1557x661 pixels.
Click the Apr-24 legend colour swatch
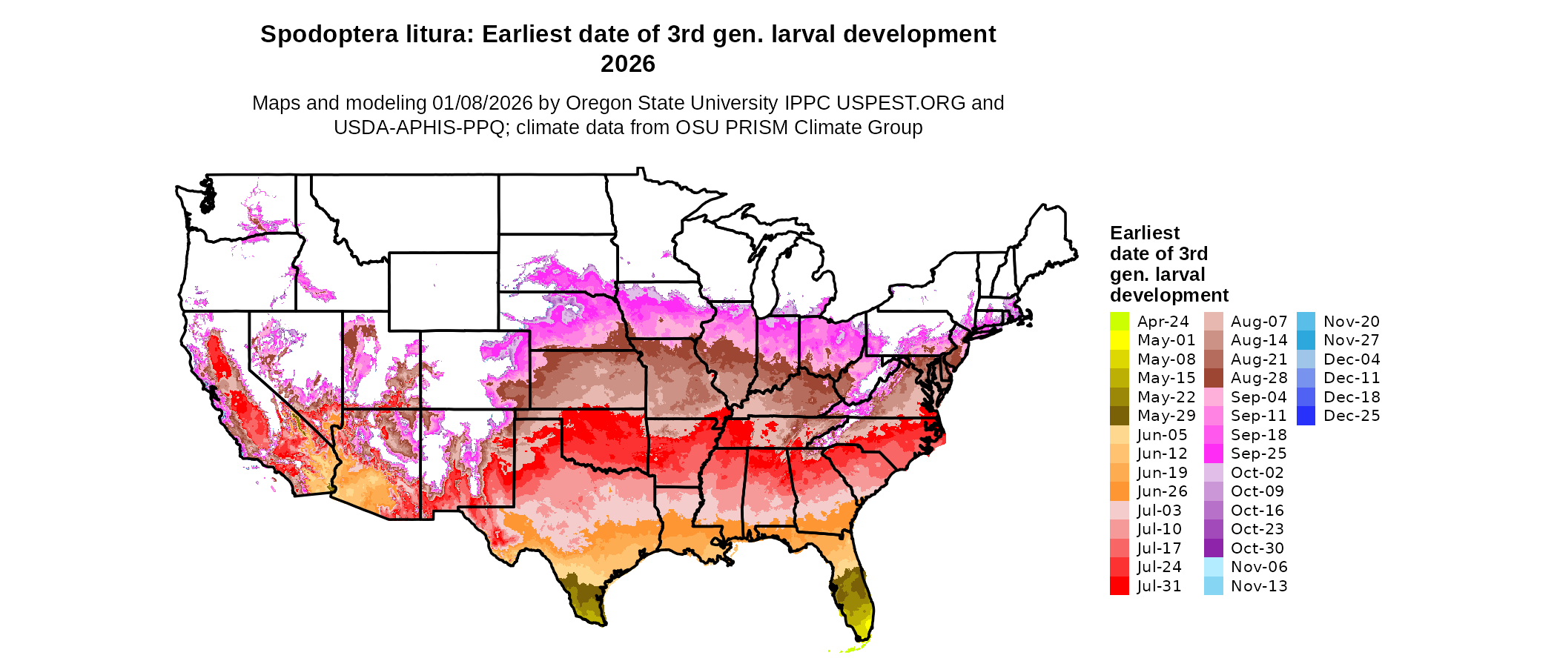(x=1119, y=322)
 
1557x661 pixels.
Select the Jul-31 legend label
(x=1159, y=586)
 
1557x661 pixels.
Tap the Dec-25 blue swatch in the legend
(x=1306, y=416)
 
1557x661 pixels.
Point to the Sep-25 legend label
(x=1258, y=454)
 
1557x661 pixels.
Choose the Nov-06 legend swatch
(x=1213, y=567)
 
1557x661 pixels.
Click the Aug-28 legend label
(x=1258, y=378)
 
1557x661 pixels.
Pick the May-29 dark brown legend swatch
(x=1119, y=416)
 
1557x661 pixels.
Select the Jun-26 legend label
(x=1162, y=491)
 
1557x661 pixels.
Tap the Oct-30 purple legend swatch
(x=1213, y=548)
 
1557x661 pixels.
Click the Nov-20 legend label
(x=1351, y=322)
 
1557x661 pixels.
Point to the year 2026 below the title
(x=627, y=64)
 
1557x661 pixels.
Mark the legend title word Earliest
(x=1144, y=233)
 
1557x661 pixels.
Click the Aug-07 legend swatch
(x=1213, y=322)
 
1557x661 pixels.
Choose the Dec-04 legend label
(x=1351, y=359)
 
